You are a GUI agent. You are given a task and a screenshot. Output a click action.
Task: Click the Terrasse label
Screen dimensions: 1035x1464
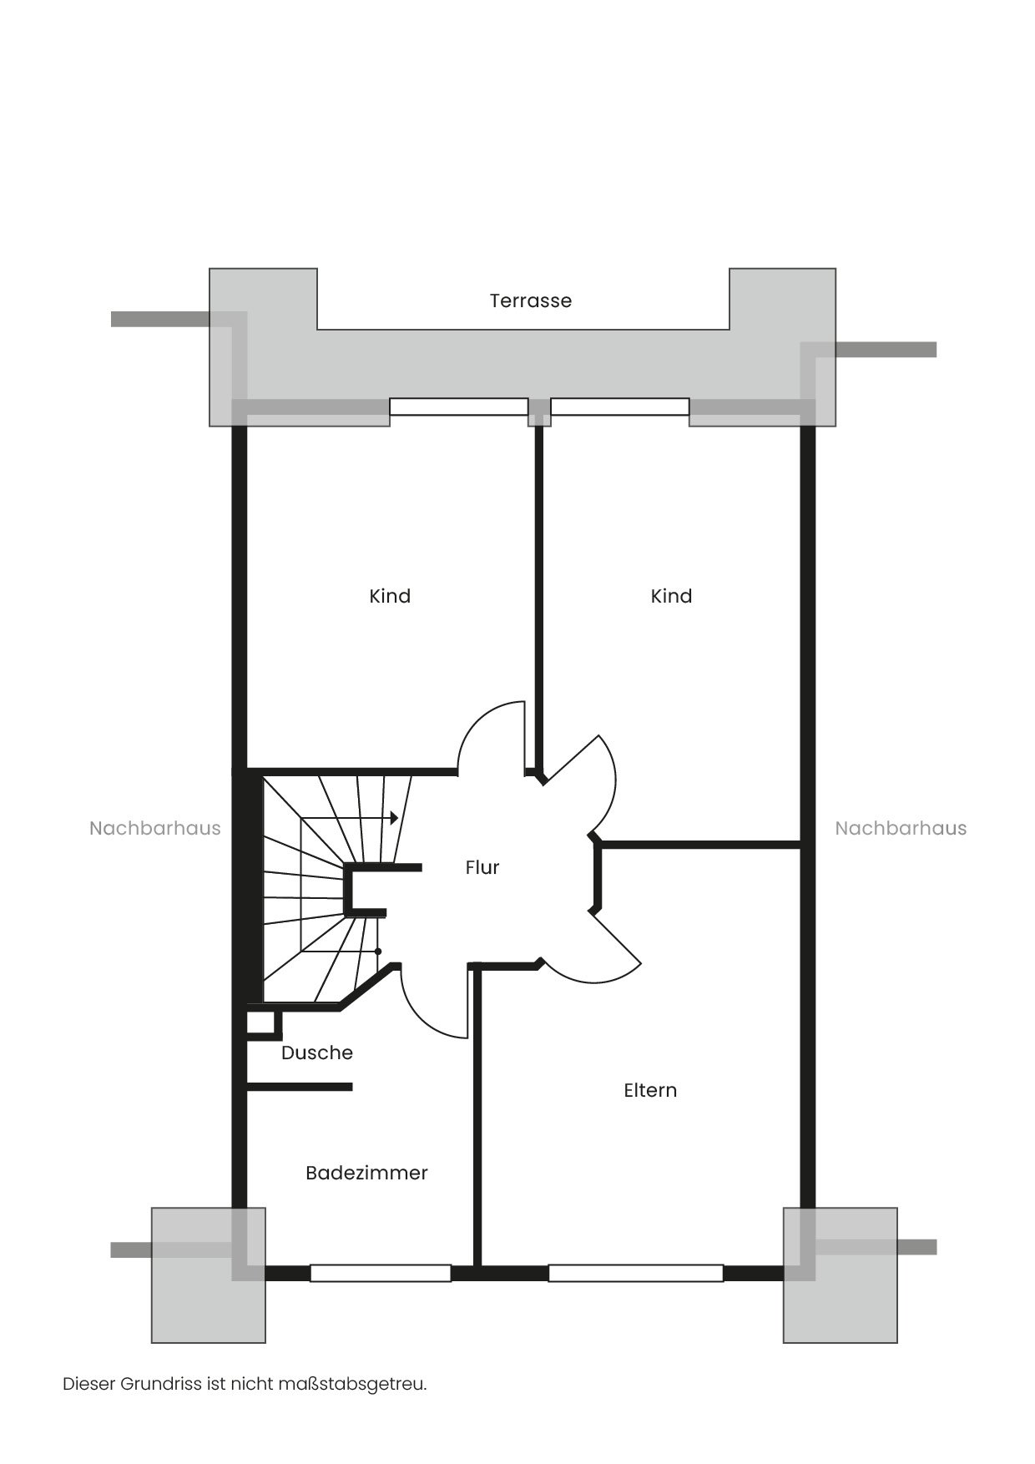(x=531, y=300)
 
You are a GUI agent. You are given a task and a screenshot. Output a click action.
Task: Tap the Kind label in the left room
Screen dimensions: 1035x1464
(x=390, y=596)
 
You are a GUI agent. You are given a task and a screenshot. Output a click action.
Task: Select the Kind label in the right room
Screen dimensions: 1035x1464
(x=671, y=596)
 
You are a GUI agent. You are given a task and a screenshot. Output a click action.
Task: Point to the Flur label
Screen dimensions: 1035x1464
(x=482, y=867)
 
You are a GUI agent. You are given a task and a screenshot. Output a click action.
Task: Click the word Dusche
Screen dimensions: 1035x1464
(x=317, y=1053)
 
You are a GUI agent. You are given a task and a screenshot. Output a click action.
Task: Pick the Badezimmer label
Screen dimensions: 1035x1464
(x=366, y=1173)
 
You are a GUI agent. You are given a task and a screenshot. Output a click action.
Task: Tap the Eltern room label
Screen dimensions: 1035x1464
(x=650, y=1090)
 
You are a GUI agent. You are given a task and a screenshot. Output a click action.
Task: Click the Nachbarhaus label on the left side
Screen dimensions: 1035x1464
(x=155, y=828)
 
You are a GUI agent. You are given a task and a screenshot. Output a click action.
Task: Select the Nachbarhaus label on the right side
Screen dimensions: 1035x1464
(x=901, y=828)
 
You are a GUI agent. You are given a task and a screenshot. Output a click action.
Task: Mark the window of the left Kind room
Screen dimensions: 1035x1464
(x=459, y=407)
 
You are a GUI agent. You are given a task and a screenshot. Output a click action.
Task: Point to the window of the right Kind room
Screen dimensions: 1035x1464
(x=620, y=407)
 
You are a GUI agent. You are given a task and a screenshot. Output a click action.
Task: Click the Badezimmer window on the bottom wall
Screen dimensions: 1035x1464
(x=381, y=1274)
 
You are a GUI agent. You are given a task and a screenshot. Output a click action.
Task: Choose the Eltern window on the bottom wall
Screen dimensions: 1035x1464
(x=636, y=1274)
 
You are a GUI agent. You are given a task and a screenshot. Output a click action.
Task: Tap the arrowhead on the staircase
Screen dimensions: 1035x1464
(x=395, y=818)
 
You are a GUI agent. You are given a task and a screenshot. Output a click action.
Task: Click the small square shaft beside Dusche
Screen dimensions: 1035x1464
(x=262, y=1024)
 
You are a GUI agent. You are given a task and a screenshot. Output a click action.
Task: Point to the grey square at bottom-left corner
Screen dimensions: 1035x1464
(x=209, y=1275)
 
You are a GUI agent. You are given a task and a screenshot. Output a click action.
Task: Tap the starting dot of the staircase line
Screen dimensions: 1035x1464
(x=378, y=952)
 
